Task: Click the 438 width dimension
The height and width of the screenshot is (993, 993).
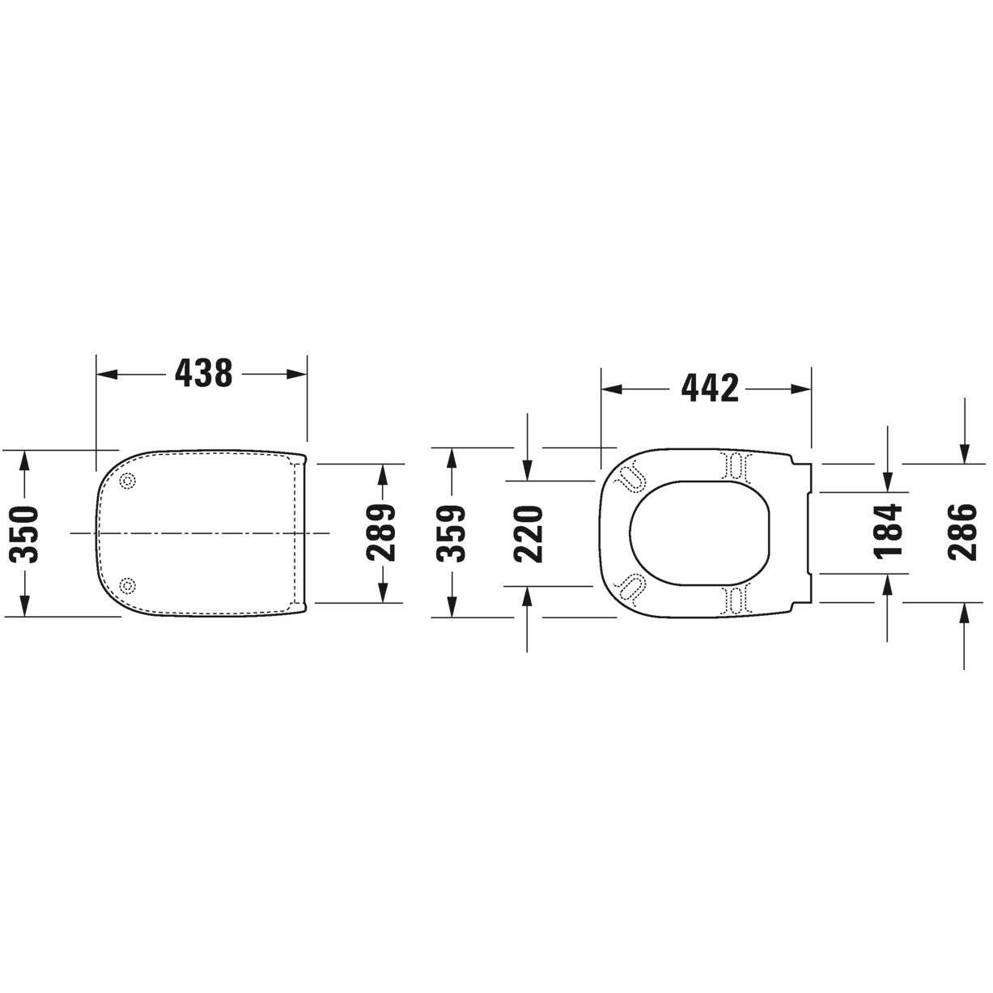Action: click(203, 373)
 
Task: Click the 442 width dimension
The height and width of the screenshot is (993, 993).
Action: click(710, 388)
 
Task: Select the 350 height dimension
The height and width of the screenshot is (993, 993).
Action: click(27, 533)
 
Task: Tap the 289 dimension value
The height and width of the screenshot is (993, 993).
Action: click(380, 533)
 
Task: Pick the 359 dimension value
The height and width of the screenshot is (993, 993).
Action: click(451, 533)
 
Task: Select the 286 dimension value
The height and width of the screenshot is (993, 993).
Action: click(961, 532)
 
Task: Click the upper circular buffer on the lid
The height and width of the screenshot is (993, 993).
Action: click(127, 481)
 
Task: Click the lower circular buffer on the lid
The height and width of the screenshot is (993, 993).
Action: click(127, 584)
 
